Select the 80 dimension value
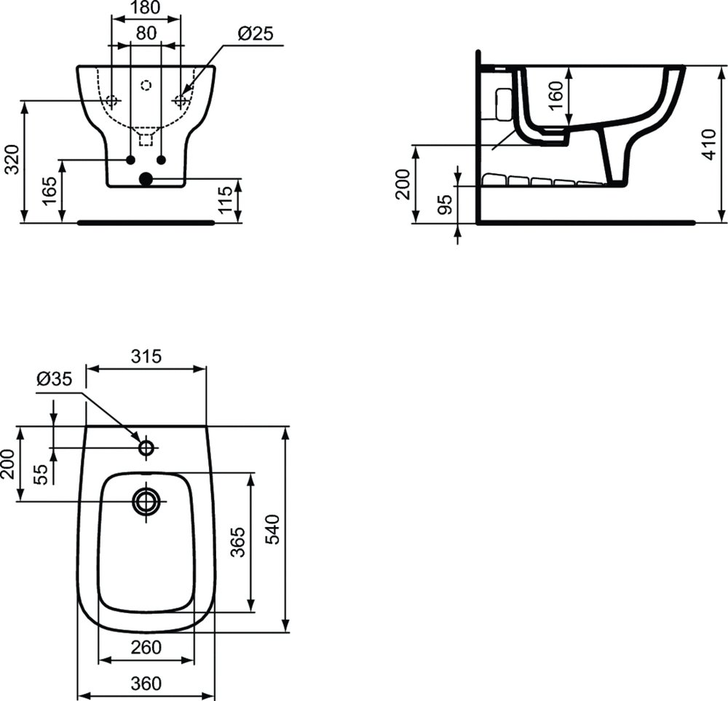pyautogui.click(x=146, y=33)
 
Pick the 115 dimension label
pyautogui.click(x=226, y=200)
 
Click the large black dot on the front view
pyautogui.click(x=146, y=179)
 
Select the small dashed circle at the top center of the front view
pyautogui.click(x=146, y=85)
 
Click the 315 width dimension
pyautogui.click(x=146, y=356)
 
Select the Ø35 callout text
pyautogui.click(x=54, y=379)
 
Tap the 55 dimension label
pyautogui.click(x=41, y=474)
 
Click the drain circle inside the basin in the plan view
pyautogui.click(x=146, y=501)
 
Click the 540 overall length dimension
pyautogui.click(x=271, y=528)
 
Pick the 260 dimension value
pyautogui.click(x=146, y=647)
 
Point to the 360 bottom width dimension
pyautogui.click(x=146, y=684)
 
